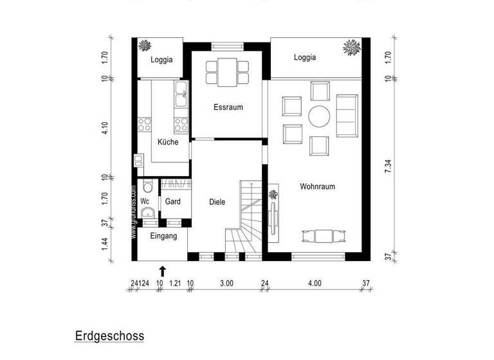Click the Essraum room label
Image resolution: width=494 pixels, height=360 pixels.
point(228,107)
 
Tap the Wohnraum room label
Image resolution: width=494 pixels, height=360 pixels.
point(317,186)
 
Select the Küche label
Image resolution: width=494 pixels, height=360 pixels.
point(168,142)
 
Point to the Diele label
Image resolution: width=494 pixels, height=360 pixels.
point(217,202)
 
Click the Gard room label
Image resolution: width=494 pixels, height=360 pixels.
point(172,202)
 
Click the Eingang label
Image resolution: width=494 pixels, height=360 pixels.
point(163,236)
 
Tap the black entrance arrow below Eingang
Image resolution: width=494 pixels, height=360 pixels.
point(162,271)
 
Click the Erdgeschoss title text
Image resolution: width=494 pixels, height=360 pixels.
point(109,336)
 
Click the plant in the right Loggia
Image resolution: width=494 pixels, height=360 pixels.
point(351,47)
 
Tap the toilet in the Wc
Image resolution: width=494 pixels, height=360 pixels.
point(148,188)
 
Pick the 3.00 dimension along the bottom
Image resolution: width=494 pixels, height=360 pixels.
point(227,282)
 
